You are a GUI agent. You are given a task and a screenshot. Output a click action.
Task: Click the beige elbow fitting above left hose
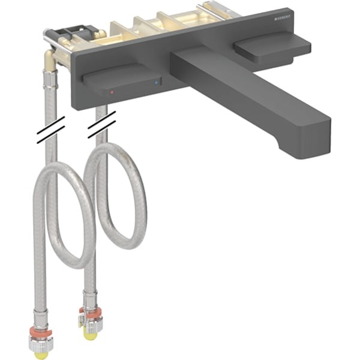(x=50, y=60)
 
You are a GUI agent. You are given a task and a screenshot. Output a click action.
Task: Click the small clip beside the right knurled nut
(x=80, y=320)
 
